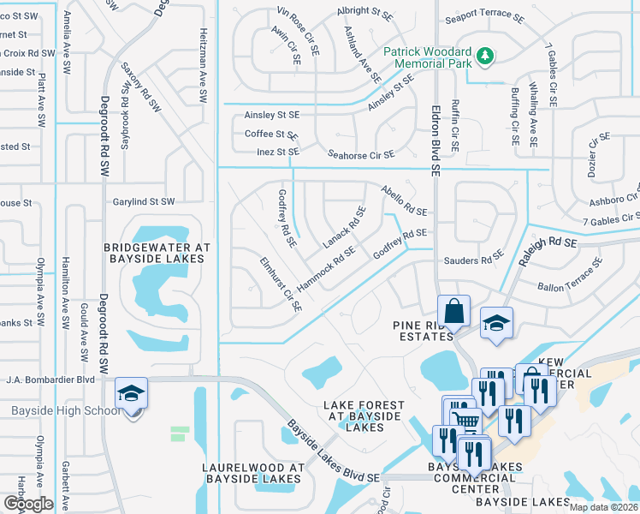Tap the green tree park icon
tap(486, 57)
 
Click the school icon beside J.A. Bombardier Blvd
tap(131, 393)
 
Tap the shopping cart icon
tap(465, 419)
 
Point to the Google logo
tap(27, 504)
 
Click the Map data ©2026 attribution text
tap(603, 507)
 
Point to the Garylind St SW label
tap(144, 202)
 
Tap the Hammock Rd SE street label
tap(326, 268)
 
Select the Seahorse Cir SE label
tap(362, 155)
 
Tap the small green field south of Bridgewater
tap(180, 433)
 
